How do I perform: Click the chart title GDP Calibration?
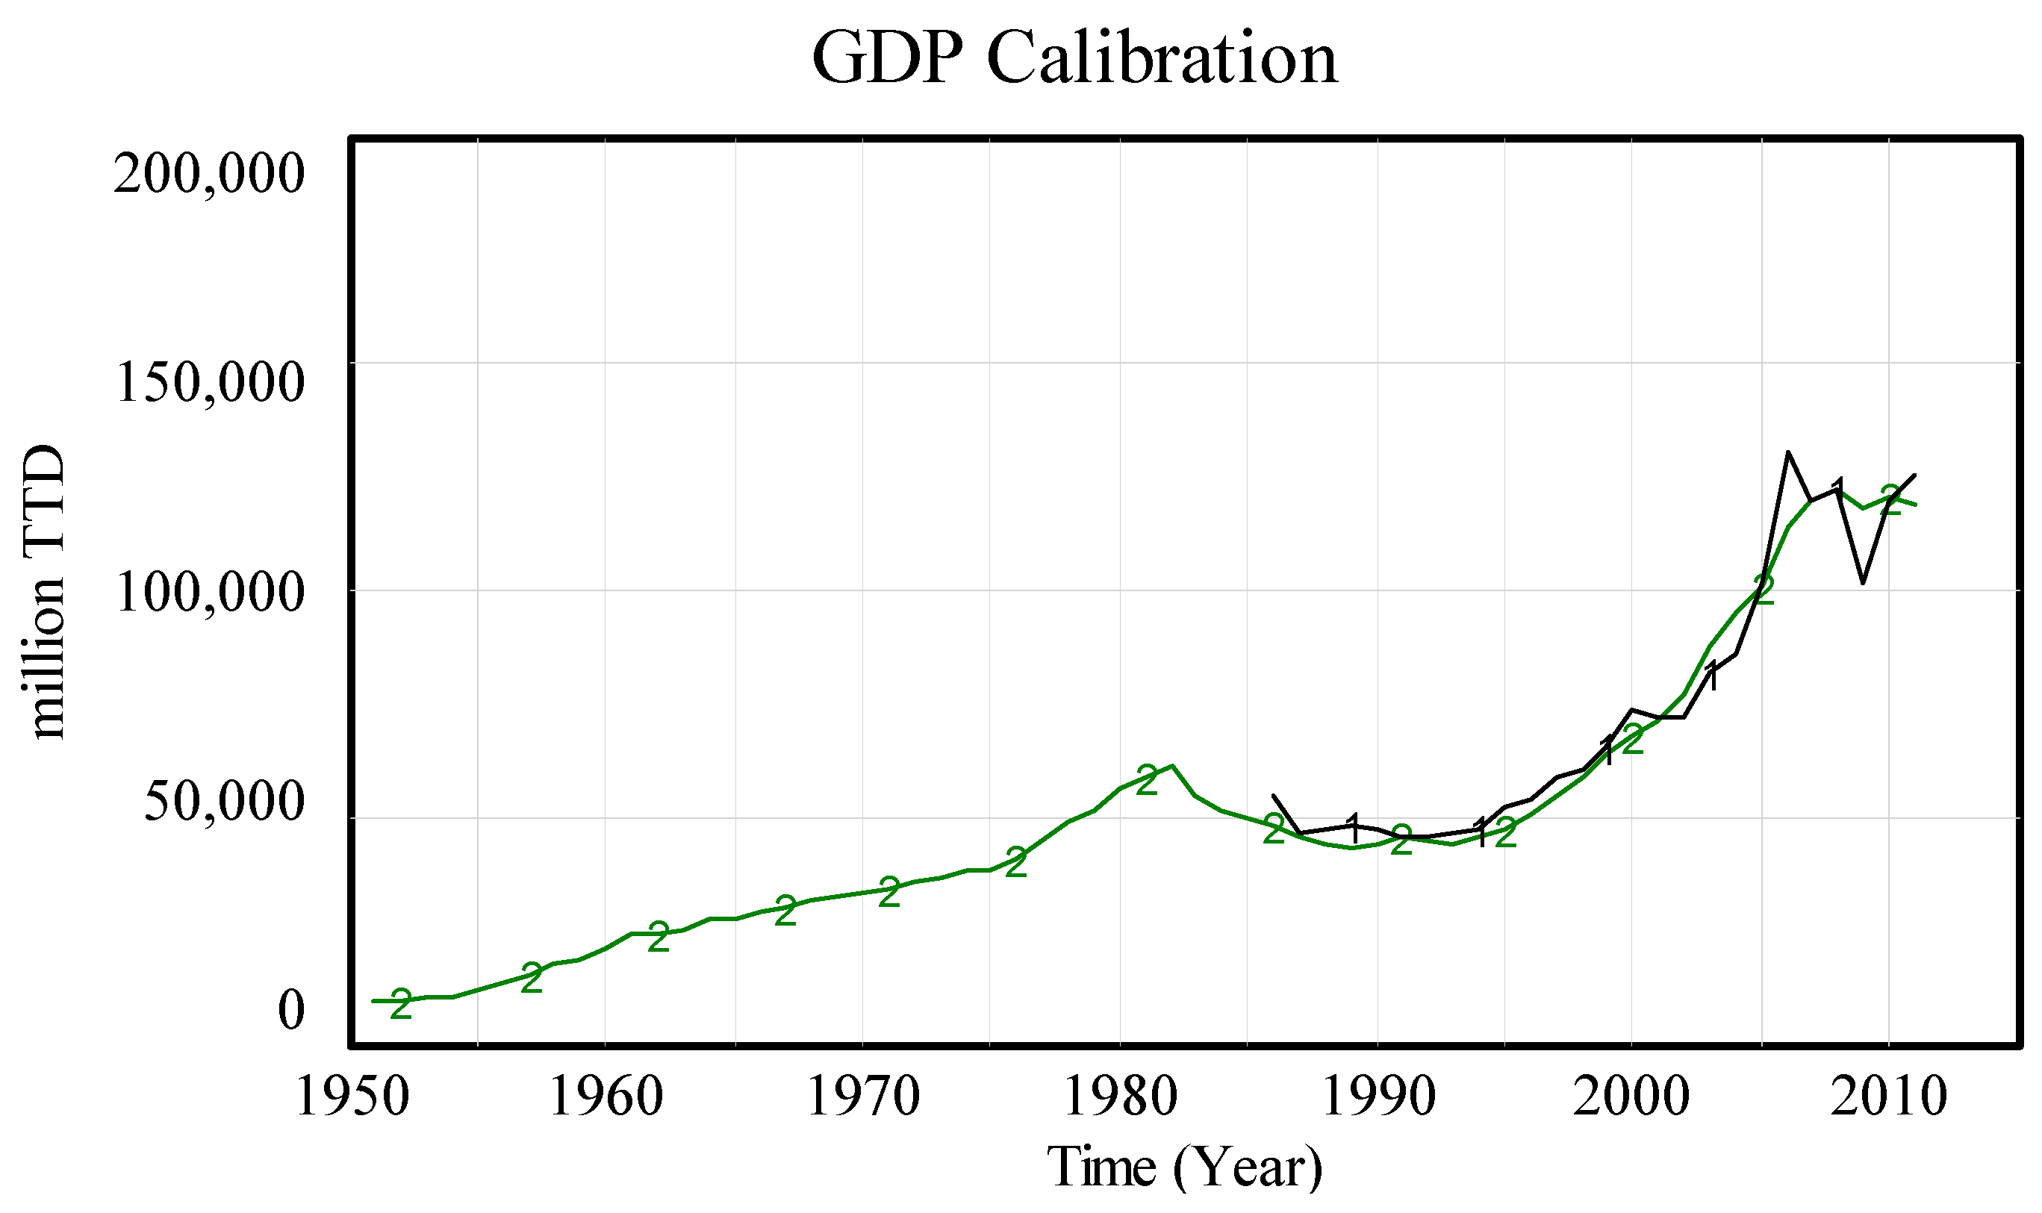pos(1074,59)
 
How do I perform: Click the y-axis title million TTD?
pos(43,592)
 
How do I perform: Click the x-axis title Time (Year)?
pos(1184,1167)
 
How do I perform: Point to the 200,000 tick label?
pos(209,173)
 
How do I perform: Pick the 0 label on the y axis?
pos(291,1010)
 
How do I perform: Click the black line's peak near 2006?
pos(1787,452)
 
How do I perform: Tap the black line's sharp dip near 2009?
pos(1863,583)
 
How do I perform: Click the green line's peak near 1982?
pos(1172,766)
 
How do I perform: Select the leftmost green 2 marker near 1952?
pos(400,1004)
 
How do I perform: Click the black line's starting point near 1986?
pos(1273,795)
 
